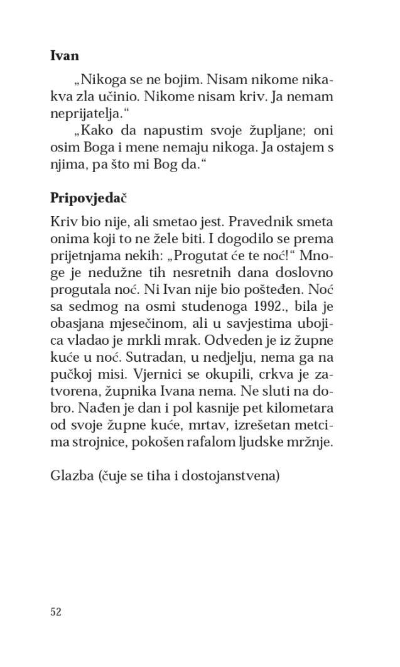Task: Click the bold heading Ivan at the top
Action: point(64,56)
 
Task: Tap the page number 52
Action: point(55,612)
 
